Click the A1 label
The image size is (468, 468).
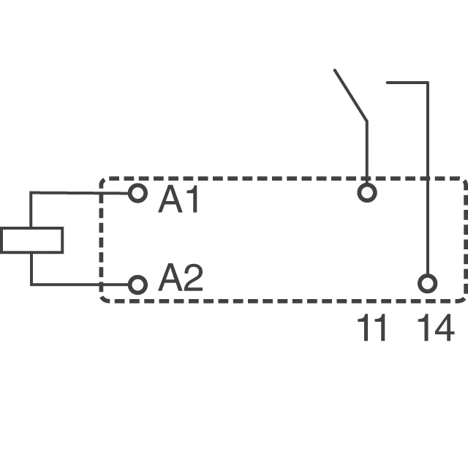click(178, 200)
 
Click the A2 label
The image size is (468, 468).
click(180, 279)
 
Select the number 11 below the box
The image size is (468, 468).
click(372, 329)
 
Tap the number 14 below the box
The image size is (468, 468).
click(436, 329)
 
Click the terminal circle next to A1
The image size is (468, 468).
click(137, 193)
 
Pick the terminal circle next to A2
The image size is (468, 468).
click(137, 284)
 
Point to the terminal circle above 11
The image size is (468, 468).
click(366, 193)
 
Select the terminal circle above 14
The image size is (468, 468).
click(427, 284)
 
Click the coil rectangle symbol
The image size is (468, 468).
click(31, 240)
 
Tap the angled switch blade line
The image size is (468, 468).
click(350, 95)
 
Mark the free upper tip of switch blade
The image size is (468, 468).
click(335, 70)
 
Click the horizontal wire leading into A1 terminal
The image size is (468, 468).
click(80, 193)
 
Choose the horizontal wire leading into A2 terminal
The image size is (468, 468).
click(80, 284)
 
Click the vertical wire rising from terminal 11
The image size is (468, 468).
click(366, 150)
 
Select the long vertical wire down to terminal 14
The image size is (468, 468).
click(427, 183)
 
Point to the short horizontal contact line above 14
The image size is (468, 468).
click(406, 83)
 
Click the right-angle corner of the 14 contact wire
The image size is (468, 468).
click(427, 83)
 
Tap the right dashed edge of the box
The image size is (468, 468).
click(466, 240)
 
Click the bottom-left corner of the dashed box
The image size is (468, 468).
click(102, 300)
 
